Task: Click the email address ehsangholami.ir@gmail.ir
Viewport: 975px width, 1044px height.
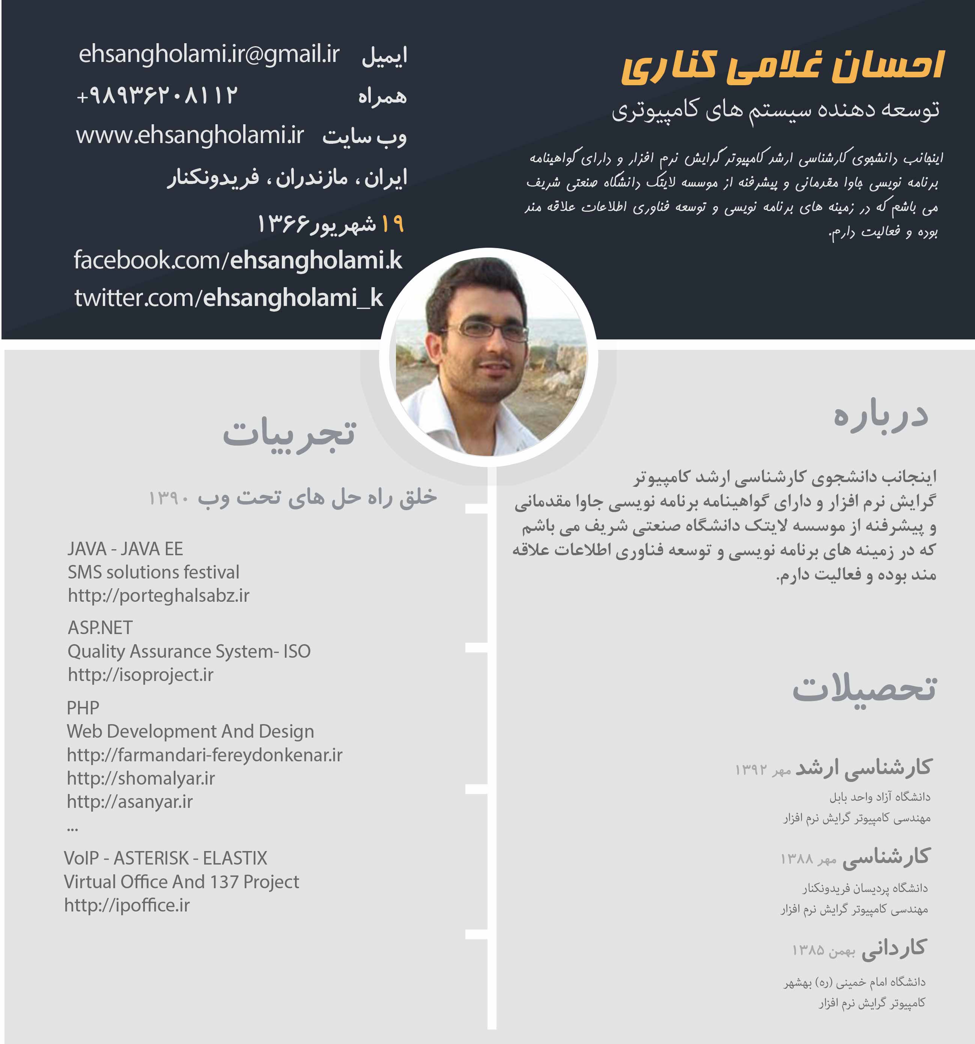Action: pyautogui.click(x=209, y=54)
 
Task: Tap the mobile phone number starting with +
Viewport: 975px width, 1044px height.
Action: pyautogui.click(x=157, y=96)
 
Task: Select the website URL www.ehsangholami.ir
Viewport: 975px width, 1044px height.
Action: pyautogui.click(x=190, y=136)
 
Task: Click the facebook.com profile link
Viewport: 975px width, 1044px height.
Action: pyautogui.click(x=237, y=261)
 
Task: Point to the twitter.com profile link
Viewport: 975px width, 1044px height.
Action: pyautogui.click(x=229, y=298)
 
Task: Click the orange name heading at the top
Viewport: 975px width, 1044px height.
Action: pyautogui.click(x=782, y=67)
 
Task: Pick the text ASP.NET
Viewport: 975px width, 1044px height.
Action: pyautogui.click(x=100, y=628)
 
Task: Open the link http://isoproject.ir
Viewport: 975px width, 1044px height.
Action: pyautogui.click(x=140, y=675)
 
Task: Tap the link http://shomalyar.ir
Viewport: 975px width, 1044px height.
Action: pyautogui.click(x=141, y=778)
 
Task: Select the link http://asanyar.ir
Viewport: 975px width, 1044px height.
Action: pyautogui.click(x=130, y=802)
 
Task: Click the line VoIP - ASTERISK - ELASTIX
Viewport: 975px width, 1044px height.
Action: pyautogui.click(x=166, y=858)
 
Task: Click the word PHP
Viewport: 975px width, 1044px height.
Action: pyautogui.click(x=83, y=708)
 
